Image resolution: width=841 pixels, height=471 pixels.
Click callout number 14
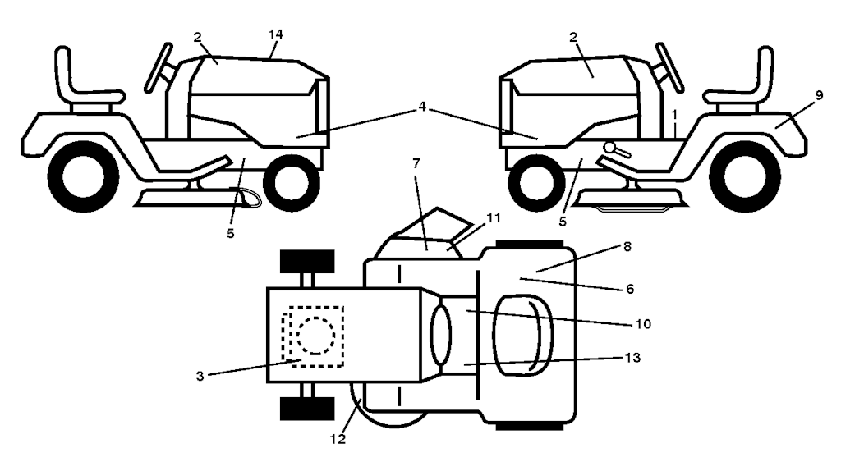click(x=275, y=34)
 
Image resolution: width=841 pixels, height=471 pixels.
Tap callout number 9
click(x=819, y=95)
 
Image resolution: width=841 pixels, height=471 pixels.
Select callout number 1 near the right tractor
click(x=674, y=115)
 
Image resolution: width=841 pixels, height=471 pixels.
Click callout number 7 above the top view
click(x=416, y=163)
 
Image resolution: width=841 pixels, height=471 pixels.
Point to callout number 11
click(x=494, y=217)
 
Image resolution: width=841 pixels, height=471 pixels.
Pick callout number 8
click(x=627, y=246)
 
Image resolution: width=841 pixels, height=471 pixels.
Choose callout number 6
click(x=630, y=289)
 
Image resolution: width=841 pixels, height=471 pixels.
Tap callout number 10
click(x=643, y=324)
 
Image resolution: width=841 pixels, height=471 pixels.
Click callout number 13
click(x=633, y=358)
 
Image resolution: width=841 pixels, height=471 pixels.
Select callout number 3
click(x=200, y=376)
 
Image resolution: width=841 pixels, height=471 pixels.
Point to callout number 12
click(x=338, y=439)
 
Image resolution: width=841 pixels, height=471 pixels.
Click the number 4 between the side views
click(x=422, y=107)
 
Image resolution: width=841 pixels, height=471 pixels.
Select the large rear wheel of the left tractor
click(x=83, y=176)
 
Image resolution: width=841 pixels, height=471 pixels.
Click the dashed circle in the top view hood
click(x=316, y=336)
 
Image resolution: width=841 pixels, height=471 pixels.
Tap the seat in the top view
click(x=522, y=335)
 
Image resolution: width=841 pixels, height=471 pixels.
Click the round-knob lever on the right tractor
click(x=617, y=150)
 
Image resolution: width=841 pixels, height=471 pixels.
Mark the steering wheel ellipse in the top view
click(x=441, y=335)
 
